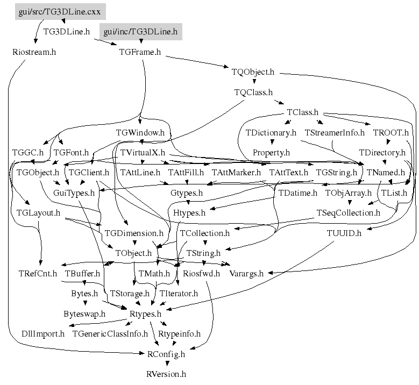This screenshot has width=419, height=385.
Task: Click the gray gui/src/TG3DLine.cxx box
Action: (x=60, y=11)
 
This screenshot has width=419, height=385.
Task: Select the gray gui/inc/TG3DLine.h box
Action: (x=141, y=32)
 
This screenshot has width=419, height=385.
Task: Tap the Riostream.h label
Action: (x=34, y=52)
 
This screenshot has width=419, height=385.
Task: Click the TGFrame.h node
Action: (x=140, y=52)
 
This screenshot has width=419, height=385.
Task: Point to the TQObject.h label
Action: (x=253, y=72)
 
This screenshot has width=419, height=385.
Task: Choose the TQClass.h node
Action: (x=253, y=92)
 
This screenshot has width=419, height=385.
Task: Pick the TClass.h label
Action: (x=302, y=112)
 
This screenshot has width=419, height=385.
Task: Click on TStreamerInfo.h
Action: (x=335, y=132)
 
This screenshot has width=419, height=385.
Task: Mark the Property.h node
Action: (x=271, y=153)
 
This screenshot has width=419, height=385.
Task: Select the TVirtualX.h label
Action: (x=143, y=153)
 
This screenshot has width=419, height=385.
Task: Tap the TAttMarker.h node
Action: (x=236, y=173)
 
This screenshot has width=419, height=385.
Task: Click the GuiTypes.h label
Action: (x=74, y=193)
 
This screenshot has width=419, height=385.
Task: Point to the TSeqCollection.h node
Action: (x=348, y=213)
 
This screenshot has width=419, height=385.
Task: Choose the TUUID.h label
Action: (x=344, y=233)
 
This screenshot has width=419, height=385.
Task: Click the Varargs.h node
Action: (x=246, y=274)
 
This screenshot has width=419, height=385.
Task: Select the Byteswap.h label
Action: (x=84, y=314)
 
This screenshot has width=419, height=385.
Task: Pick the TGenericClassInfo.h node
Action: (x=110, y=334)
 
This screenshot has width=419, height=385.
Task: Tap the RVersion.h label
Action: (x=166, y=374)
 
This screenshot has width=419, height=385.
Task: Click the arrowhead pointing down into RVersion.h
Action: (x=167, y=363)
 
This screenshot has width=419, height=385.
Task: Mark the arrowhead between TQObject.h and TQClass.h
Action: (x=254, y=82)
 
